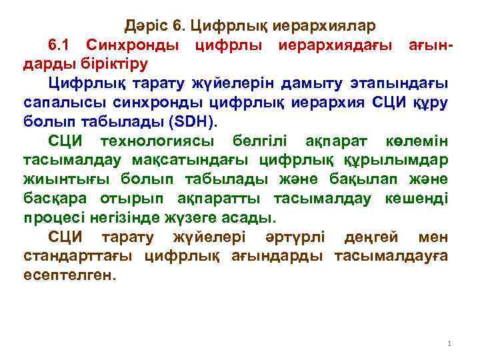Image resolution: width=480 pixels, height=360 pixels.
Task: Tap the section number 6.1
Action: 63,45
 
